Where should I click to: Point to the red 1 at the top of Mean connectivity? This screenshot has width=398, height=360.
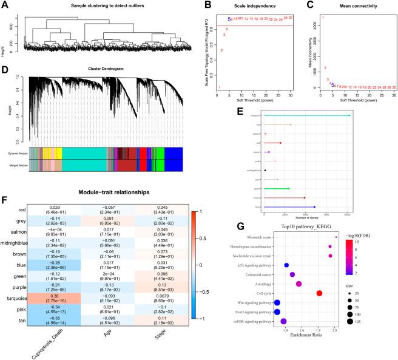323,18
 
